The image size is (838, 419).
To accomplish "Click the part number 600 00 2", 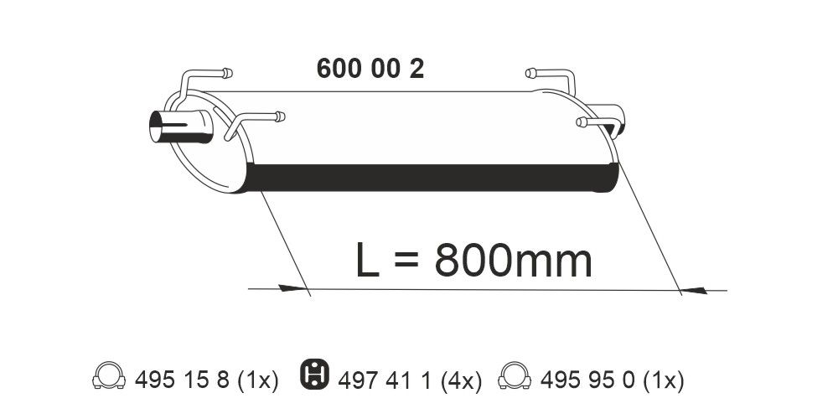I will tap(370, 69).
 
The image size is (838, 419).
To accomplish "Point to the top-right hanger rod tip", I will tap(530, 73).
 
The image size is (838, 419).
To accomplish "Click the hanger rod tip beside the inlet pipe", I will tap(279, 116).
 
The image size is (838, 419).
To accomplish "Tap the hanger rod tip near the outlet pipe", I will tap(581, 123).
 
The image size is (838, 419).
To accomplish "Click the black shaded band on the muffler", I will tap(436, 177).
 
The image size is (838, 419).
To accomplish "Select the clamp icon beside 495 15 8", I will tap(108, 378).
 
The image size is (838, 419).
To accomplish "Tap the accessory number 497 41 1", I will tap(381, 381).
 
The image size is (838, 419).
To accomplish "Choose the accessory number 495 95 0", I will tap(584, 381).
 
